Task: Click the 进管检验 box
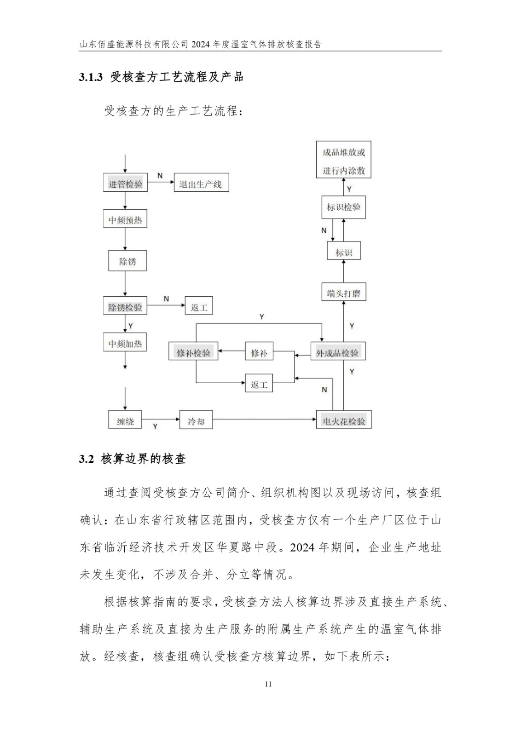125,184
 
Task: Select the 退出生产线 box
201,184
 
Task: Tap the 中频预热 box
125,220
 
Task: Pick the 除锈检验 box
125,306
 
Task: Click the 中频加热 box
125,343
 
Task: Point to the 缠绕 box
125,420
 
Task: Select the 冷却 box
196,420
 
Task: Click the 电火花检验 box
344,420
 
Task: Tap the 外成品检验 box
338,352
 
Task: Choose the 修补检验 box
193,352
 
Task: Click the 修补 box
259,352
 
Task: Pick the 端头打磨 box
344,293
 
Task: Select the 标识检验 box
344,207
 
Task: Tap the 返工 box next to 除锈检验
199,306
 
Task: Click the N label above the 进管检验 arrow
160,176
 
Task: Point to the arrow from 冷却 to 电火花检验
264,419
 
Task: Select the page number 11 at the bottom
269,684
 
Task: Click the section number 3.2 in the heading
87,459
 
